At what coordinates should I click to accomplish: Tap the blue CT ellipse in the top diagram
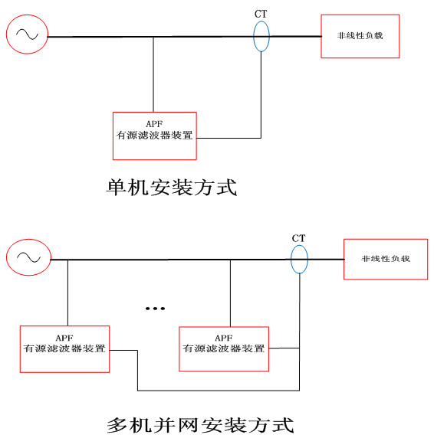(x=253, y=36)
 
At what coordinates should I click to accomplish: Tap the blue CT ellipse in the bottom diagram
(x=291, y=260)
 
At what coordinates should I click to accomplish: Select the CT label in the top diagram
(x=261, y=14)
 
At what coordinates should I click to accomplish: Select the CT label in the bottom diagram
(x=298, y=238)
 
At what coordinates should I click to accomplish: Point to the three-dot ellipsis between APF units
(x=155, y=309)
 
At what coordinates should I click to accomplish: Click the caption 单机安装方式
(x=172, y=187)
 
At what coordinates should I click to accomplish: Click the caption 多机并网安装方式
(x=200, y=425)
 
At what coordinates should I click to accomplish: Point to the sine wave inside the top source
(x=27, y=34)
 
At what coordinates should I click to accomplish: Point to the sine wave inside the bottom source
(x=28, y=257)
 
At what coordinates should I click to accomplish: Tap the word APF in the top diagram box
(x=154, y=124)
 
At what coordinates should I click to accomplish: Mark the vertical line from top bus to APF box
(x=153, y=74)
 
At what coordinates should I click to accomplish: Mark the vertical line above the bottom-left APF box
(x=67, y=293)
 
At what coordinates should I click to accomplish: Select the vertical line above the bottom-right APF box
(x=231, y=293)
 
